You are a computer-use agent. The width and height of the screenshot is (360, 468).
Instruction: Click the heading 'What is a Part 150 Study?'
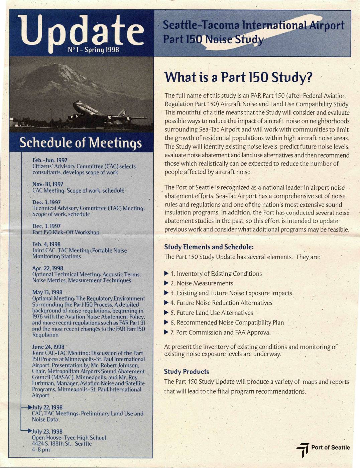click(x=238, y=78)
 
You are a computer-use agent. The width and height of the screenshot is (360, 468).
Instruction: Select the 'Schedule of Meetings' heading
click(x=81, y=143)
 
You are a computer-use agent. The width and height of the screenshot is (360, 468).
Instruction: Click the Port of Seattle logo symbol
click(x=303, y=449)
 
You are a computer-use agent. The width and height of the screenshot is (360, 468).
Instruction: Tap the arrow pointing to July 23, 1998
click(x=27, y=431)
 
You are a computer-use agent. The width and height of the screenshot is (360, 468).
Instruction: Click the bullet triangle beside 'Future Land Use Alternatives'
click(x=166, y=312)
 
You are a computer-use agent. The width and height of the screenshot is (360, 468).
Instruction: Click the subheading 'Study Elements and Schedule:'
click(x=209, y=247)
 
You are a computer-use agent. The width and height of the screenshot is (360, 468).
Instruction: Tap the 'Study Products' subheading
click(x=186, y=372)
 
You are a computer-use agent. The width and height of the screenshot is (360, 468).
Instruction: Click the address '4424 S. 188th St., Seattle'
click(x=62, y=444)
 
